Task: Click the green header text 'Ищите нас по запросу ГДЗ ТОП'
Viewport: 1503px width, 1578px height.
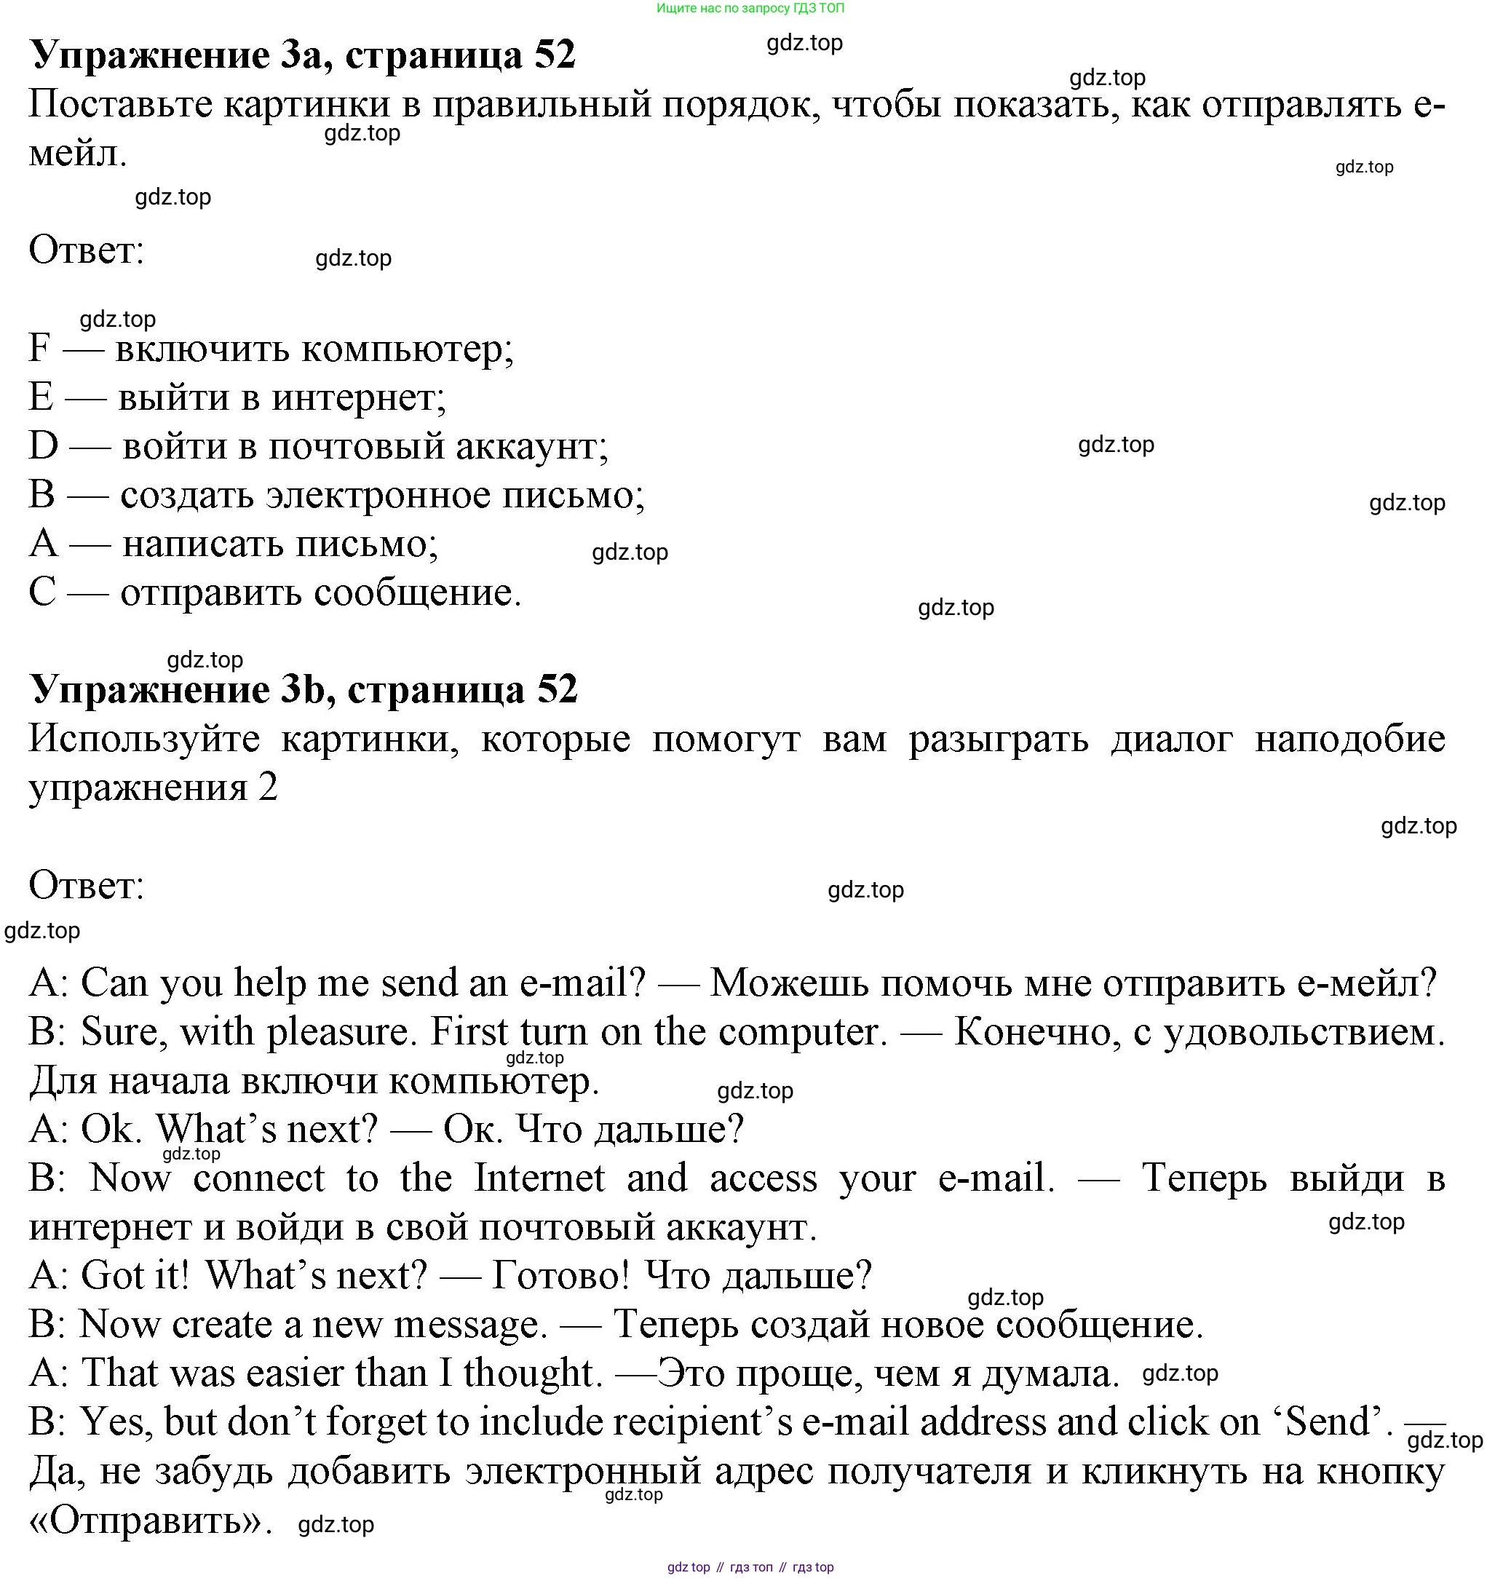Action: (750, 8)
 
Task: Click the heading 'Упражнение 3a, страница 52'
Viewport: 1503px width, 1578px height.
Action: (302, 55)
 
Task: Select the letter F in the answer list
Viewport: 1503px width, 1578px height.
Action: (39, 349)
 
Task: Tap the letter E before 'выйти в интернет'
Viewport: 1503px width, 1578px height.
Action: (40, 397)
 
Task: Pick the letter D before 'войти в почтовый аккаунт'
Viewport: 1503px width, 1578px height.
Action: (43, 446)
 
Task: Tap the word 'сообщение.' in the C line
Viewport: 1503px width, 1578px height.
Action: (416, 593)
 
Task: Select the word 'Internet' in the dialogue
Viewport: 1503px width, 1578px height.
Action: (539, 1178)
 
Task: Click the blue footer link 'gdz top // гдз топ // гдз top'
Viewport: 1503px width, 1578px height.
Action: (750, 1568)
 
